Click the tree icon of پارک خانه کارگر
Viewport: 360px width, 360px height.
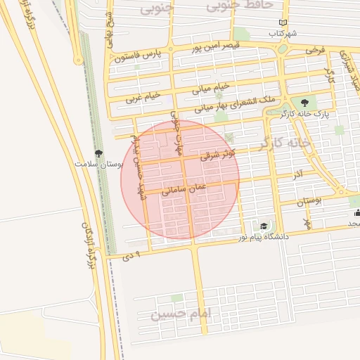[x=304, y=103]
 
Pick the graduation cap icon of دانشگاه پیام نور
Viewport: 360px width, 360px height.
[x=263, y=226]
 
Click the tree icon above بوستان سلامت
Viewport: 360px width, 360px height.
[x=98, y=153]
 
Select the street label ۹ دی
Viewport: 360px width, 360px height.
[x=131, y=257]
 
